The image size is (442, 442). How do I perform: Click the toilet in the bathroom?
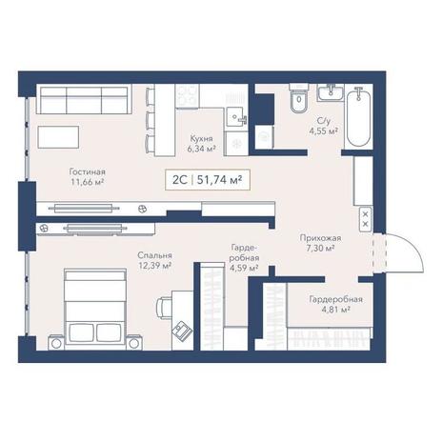coord(299,98)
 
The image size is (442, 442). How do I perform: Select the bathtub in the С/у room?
coord(358,116)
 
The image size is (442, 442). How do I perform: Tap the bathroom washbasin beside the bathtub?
coord(331,92)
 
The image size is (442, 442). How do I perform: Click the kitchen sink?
coord(236,117)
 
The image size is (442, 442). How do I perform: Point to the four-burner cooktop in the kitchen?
coord(187,96)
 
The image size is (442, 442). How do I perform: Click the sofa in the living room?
coord(84,99)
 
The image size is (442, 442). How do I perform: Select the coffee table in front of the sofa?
coord(58,137)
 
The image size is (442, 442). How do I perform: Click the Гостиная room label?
coord(87,172)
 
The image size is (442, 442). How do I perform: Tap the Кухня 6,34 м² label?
coord(201,144)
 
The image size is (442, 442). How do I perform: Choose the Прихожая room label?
coord(320,238)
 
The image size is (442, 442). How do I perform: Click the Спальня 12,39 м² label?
coord(155,260)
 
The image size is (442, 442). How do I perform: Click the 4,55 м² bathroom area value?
coord(323,131)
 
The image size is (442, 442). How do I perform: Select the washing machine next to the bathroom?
coord(264,136)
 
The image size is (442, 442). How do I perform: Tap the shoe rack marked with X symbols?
coord(366,219)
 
